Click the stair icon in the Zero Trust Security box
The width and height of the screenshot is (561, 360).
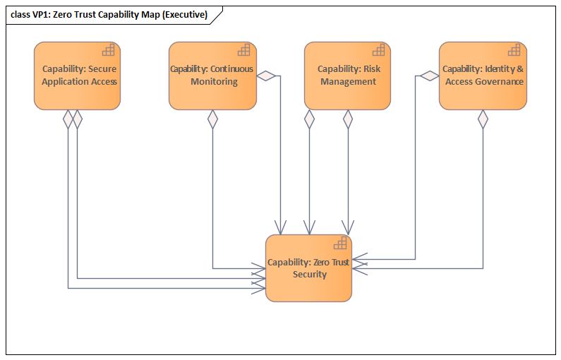click(340, 243)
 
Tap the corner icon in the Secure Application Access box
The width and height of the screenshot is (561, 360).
click(109, 50)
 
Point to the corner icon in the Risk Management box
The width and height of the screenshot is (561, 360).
click(379, 50)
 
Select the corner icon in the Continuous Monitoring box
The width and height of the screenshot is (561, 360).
click(244, 50)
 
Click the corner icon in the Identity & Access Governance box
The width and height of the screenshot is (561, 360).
click(514, 50)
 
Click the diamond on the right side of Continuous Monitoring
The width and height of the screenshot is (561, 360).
click(266, 76)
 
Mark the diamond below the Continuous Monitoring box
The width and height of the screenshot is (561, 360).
click(212, 119)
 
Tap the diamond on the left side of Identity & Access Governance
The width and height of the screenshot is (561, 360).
click(429, 76)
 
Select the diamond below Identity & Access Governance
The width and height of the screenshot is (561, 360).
click(483, 119)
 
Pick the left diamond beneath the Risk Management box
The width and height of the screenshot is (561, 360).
click(309, 119)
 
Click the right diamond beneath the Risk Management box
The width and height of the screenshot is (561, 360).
click(347, 119)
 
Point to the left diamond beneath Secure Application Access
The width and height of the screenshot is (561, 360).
click(68, 119)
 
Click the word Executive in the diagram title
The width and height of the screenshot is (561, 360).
click(184, 15)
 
